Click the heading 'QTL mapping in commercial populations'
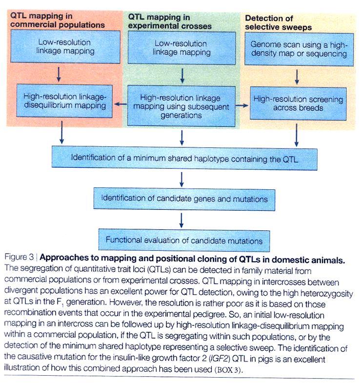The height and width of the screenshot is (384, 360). point(57,20)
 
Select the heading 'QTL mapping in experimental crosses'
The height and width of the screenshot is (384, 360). point(170,21)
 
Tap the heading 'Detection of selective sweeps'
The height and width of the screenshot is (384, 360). point(278,23)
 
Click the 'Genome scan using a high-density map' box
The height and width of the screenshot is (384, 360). point(299,49)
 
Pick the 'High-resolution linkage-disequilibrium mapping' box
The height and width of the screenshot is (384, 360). point(64,101)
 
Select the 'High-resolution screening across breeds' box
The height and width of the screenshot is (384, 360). point(298,103)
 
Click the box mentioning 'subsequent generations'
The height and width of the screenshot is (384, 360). point(181,106)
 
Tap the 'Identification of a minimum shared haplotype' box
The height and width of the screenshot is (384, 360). point(184,159)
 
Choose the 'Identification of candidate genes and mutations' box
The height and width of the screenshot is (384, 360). point(184,199)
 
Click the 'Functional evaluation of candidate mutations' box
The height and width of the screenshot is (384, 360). point(184,240)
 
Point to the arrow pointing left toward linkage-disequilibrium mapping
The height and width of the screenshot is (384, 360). point(120,104)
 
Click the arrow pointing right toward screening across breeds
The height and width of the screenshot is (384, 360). point(242,105)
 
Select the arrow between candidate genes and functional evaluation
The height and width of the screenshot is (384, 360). point(181,221)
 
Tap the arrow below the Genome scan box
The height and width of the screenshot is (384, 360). point(297,77)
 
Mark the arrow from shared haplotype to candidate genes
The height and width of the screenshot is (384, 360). point(181,180)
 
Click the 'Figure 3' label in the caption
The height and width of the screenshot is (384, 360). point(19,257)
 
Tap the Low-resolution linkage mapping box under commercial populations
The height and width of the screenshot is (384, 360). point(65,47)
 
